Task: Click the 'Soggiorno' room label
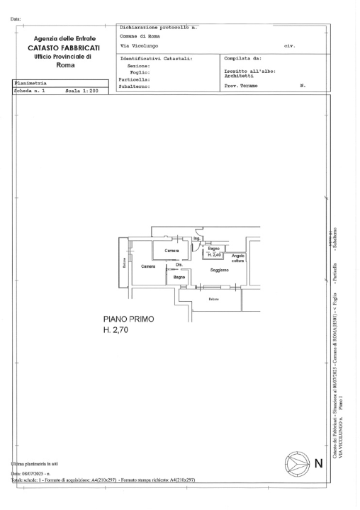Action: click(219, 270)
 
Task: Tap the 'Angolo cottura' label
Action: click(237, 259)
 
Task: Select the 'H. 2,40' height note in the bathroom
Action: click(215, 255)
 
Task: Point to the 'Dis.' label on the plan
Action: click(179, 264)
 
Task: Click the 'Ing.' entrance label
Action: click(196, 239)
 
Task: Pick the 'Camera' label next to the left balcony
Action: click(148, 266)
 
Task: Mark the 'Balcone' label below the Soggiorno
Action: click(213, 298)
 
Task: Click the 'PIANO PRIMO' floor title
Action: click(128, 319)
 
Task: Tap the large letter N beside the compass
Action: click(318, 465)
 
